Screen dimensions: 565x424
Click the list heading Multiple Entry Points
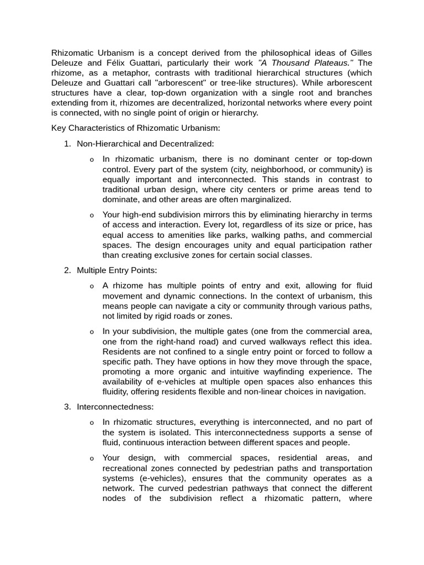(x=117, y=270)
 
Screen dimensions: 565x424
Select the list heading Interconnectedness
(x=115, y=407)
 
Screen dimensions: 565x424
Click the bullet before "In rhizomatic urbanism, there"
(x=92, y=160)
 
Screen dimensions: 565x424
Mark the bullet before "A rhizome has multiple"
(x=92, y=286)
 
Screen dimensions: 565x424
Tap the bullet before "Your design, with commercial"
(x=92, y=459)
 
